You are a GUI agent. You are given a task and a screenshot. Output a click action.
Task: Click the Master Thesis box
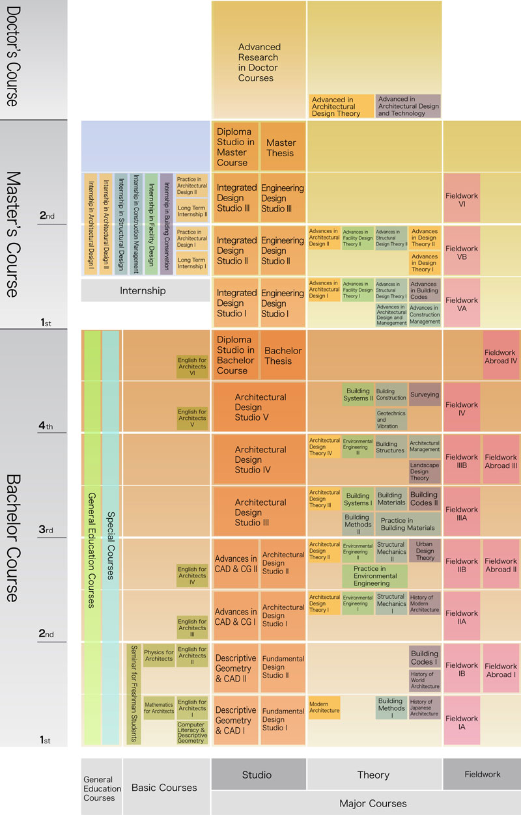click(x=282, y=147)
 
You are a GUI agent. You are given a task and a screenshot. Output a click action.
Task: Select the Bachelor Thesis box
click(x=283, y=355)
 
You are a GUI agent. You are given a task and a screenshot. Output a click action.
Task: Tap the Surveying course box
click(x=425, y=394)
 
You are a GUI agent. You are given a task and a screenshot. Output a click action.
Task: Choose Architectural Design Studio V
click(x=260, y=407)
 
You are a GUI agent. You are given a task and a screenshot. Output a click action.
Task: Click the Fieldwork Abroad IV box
click(x=501, y=357)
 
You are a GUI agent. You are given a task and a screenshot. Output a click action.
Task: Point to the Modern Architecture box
click(x=324, y=707)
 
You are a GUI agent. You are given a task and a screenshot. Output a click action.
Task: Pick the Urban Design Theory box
click(x=425, y=551)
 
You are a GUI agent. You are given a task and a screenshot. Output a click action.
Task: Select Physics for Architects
click(x=159, y=655)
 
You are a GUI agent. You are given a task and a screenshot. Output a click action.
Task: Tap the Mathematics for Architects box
click(x=159, y=708)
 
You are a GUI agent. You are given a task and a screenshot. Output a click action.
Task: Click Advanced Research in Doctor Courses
click(x=259, y=62)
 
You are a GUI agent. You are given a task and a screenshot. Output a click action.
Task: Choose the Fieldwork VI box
click(x=462, y=199)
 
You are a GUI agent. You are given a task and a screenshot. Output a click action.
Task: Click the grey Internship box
click(x=143, y=290)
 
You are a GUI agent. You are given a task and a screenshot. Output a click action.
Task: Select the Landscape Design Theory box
click(x=425, y=471)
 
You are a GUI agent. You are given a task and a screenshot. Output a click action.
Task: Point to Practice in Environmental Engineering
click(x=374, y=576)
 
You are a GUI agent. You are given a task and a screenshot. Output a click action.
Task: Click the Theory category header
click(x=374, y=774)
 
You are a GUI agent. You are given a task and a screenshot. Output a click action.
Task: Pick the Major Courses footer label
click(x=373, y=803)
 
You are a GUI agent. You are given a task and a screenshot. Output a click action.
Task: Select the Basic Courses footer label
click(x=164, y=788)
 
